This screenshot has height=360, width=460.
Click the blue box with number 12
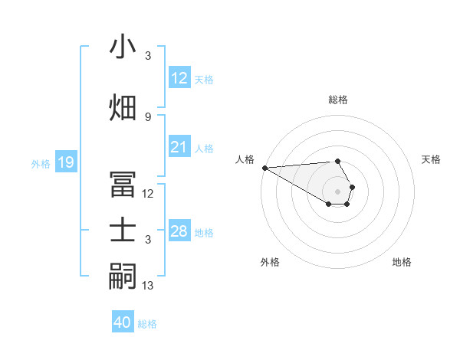[x=179, y=78]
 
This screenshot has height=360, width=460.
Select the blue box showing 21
[x=179, y=147]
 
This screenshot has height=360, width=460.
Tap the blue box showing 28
[x=179, y=231]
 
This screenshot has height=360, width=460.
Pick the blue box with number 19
[x=65, y=162]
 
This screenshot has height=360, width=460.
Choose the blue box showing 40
[x=123, y=322]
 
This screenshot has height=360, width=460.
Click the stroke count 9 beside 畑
[x=148, y=116]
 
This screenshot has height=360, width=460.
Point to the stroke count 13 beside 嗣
[x=148, y=286]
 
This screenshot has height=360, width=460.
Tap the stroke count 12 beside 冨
[x=148, y=194]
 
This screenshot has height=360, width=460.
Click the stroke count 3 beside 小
[x=148, y=56]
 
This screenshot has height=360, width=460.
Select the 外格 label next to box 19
[x=40, y=163]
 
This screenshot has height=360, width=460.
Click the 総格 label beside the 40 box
[x=147, y=323]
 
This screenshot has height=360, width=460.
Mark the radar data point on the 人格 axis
[x=264, y=168]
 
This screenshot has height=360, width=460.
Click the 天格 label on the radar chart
[x=431, y=159]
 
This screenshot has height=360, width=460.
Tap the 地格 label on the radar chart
[x=402, y=262]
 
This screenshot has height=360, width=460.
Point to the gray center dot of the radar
[x=337, y=191]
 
